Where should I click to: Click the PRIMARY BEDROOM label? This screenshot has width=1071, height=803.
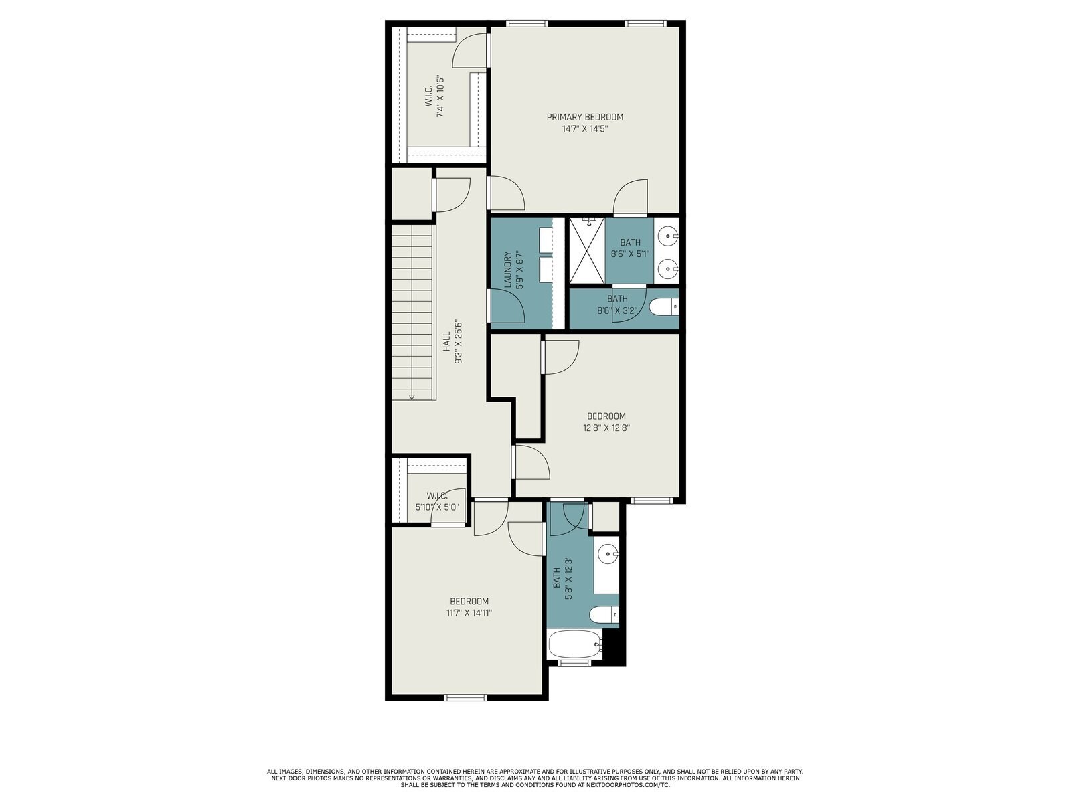pyautogui.click(x=584, y=117)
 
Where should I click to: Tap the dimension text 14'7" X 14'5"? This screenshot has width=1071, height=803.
pyautogui.click(x=584, y=129)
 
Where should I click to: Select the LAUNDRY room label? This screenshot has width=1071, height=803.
pyautogui.click(x=507, y=270)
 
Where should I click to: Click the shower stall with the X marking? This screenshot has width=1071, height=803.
pyautogui.click(x=586, y=251)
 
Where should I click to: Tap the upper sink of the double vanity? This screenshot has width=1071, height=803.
pyautogui.click(x=667, y=236)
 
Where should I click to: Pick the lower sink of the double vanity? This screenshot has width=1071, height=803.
pyautogui.click(x=667, y=270)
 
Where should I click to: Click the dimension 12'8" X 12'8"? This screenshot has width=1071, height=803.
pyautogui.click(x=606, y=428)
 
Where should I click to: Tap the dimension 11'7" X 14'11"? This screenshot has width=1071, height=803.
pyautogui.click(x=469, y=613)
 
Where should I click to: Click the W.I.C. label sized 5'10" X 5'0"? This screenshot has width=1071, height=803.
pyautogui.click(x=436, y=495)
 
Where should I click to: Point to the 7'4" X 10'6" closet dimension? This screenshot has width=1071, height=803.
pyautogui.click(x=440, y=97)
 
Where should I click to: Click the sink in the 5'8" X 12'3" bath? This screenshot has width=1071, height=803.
pyautogui.click(x=607, y=553)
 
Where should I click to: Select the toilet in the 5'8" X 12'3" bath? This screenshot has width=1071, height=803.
pyautogui.click(x=604, y=614)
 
